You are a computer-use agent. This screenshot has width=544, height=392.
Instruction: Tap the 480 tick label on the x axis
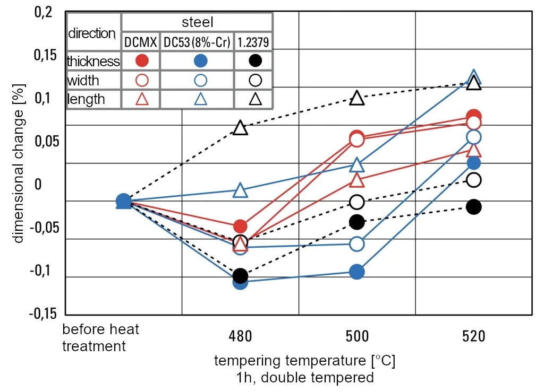point(240,337)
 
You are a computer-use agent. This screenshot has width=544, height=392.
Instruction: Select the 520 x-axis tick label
point(473,337)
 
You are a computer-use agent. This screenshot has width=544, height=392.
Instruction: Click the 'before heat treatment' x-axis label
point(100,338)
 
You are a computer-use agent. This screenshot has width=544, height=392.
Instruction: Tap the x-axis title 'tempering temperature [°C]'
point(305,361)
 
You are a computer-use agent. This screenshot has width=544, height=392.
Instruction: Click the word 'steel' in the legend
point(197,22)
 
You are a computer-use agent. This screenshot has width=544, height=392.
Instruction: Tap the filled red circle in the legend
point(141,61)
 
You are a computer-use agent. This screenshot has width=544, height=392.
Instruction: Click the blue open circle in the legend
point(200,81)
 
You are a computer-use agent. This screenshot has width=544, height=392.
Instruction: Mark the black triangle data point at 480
point(240,128)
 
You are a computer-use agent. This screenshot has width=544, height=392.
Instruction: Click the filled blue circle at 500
point(356,272)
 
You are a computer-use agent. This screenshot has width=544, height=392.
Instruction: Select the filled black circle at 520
point(473,207)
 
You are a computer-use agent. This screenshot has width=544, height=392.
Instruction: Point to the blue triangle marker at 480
point(240,190)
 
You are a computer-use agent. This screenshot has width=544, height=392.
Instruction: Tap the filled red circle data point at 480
point(240,227)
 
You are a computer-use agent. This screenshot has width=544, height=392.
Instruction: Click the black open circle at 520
point(473,180)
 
